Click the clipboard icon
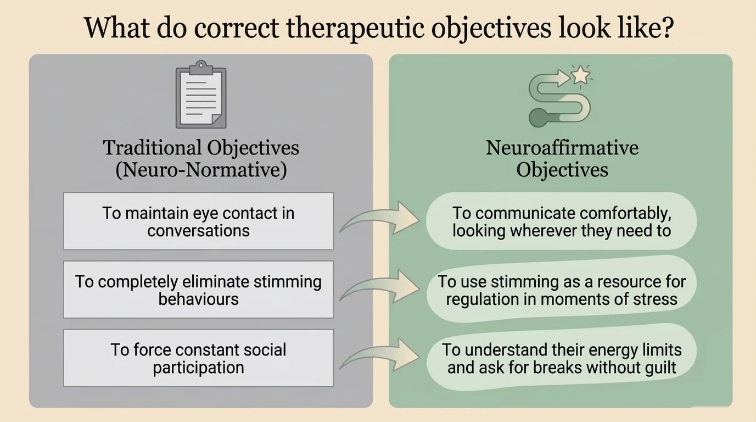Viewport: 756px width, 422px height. (x=200, y=96)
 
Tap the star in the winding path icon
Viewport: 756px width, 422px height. (x=580, y=75)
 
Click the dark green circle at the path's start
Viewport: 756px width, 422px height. (x=538, y=117)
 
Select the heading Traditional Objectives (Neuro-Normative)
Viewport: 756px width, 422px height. (x=201, y=158)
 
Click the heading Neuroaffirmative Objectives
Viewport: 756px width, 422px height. (x=562, y=158)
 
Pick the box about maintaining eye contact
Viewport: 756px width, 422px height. (x=198, y=221)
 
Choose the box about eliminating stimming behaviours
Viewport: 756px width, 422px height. (x=198, y=290)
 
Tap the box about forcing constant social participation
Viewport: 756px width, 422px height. (x=198, y=358)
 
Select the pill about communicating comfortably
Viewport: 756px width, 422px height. (x=561, y=221)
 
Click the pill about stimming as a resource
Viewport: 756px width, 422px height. (x=561, y=290)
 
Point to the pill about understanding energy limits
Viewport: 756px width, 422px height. (x=561, y=358)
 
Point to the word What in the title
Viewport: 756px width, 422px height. (x=114, y=27)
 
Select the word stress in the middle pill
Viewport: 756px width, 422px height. (x=655, y=298)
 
